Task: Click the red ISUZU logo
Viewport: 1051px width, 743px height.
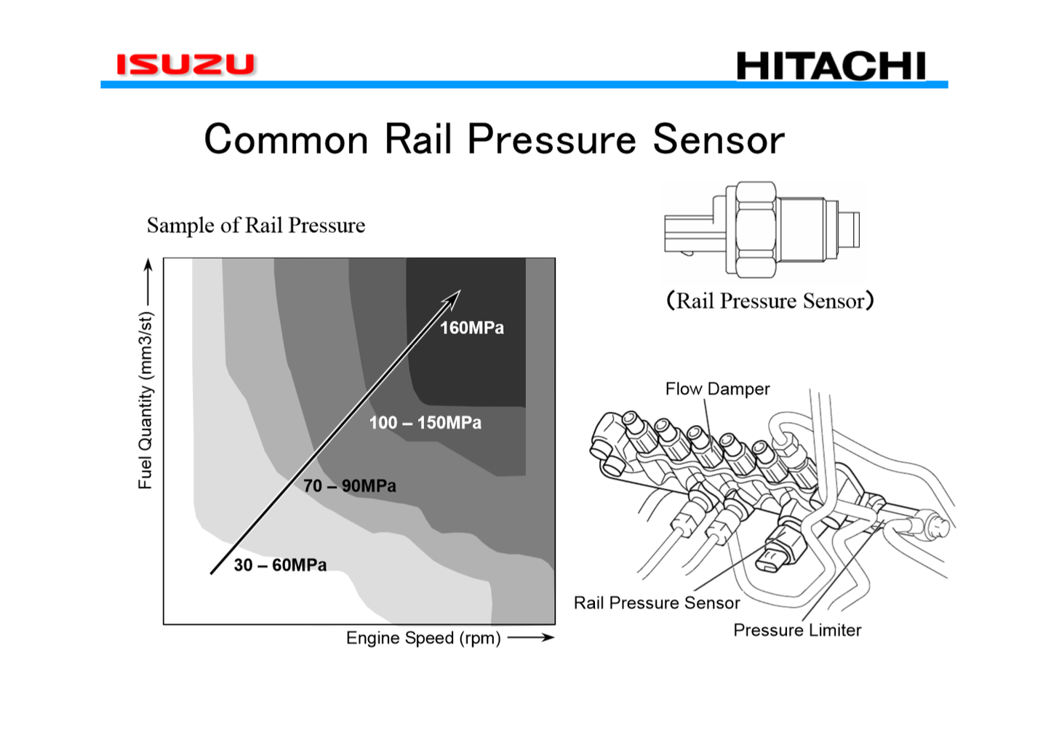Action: (186, 64)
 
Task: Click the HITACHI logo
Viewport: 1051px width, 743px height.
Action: (831, 66)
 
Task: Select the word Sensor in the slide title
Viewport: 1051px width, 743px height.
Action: (719, 139)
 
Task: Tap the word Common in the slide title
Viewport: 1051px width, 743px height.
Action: (286, 139)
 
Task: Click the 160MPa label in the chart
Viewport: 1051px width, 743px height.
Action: (471, 328)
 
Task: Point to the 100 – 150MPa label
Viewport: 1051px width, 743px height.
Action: (425, 423)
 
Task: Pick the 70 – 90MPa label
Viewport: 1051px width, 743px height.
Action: (350, 486)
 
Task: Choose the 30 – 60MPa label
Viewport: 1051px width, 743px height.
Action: (280, 565)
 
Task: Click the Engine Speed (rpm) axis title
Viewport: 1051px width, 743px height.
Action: (423, 638)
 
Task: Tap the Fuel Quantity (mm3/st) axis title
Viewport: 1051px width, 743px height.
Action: (145, 400)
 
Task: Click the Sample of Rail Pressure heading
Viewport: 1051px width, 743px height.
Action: (256, 226)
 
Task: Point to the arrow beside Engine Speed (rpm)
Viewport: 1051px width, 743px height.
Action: (531, 638)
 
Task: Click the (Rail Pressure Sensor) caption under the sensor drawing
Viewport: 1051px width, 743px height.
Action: (770, 301)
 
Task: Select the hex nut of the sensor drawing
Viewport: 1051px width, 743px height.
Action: (755, 229)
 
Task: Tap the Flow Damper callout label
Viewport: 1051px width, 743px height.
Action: (717, 389)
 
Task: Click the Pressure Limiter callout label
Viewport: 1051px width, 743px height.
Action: (797, 630)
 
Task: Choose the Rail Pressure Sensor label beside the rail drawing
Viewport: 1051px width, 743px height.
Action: (656, 603)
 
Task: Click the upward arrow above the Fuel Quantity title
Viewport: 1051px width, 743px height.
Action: (148, 280)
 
